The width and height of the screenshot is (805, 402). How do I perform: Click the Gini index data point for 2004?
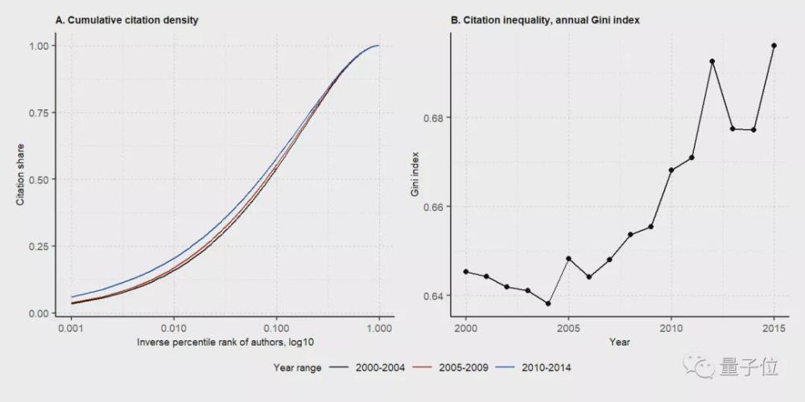(x=548, y=304)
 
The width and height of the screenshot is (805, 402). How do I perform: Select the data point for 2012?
(x=712, y=61)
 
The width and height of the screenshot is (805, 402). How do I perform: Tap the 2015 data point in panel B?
(x=774, y=45)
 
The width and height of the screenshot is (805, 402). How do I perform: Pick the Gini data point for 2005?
(x=568, y=259)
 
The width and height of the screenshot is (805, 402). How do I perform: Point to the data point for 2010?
(x=671, y=170)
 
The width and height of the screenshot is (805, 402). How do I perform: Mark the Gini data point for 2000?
(x=466, y=272)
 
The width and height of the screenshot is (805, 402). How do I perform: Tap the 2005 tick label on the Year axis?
(x=568, y=329)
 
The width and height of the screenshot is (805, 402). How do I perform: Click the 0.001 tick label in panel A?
(x=72, y=329)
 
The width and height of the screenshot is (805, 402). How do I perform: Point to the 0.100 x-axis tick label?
(x=276, y=329)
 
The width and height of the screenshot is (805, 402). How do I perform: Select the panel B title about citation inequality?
(x=545, y=18)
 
